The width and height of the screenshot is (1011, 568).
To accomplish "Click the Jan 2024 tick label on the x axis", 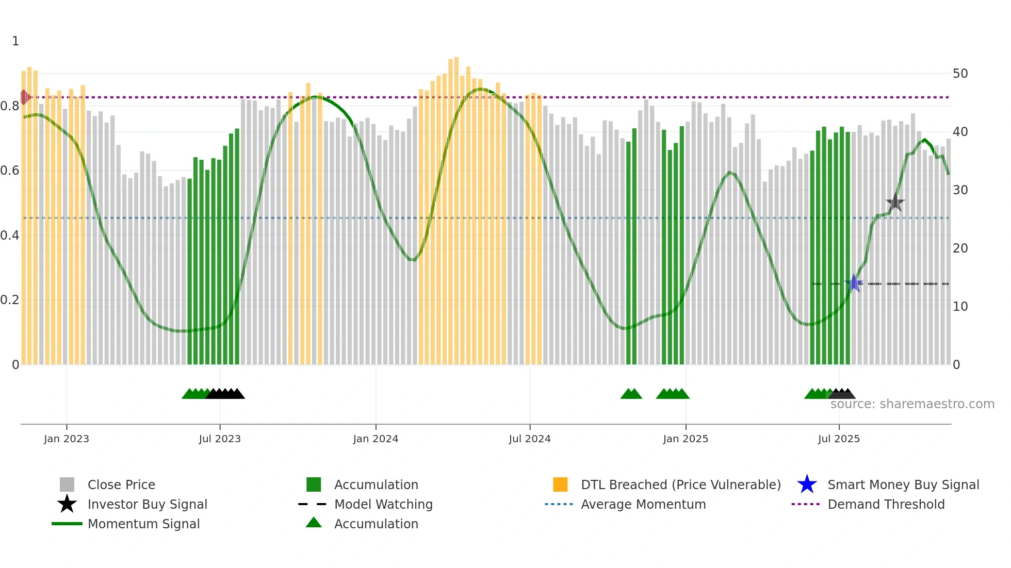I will point(376,439).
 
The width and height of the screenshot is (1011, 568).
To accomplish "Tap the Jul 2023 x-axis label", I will point(220,439).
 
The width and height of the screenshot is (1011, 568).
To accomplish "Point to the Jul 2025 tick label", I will point(839,439).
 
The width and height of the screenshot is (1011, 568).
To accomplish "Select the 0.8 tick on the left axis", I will point(10,106).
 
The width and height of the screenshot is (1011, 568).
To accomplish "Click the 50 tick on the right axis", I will point(960,74).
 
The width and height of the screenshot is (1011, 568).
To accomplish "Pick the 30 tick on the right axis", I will point(960,190).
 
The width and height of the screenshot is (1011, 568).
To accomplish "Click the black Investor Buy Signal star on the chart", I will point(895,203).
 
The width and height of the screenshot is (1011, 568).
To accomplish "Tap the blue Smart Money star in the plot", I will point(854,283).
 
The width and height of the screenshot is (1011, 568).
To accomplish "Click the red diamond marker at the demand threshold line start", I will point(24,97).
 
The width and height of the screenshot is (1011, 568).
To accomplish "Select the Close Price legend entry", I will point(121,485).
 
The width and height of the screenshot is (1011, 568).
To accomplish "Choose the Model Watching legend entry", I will point(383,504).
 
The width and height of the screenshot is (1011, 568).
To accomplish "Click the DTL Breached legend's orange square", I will point(560,485).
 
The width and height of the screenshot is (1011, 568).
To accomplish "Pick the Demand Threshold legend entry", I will point(886,504).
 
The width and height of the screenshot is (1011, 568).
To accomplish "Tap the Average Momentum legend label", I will point(643,504).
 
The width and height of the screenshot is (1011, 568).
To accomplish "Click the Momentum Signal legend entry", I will point(143,524).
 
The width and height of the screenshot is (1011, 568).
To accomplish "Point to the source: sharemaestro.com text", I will point(912,404).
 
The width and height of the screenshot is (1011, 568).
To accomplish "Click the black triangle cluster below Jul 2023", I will point(225,394).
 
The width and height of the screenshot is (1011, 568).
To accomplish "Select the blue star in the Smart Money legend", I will point(807,485).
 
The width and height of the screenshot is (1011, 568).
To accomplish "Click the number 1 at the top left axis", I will point(15,41).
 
